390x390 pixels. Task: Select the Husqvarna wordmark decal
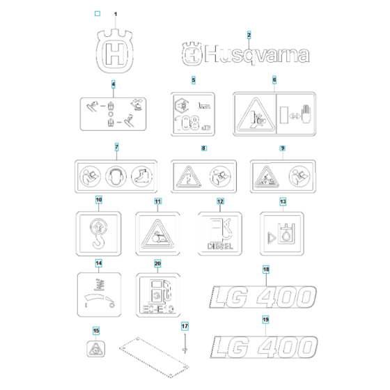245,54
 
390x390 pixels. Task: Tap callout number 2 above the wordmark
249,35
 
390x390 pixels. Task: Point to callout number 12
220,202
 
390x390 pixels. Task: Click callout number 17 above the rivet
185,325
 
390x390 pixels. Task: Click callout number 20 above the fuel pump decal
157,264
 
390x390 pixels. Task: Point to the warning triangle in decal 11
157,233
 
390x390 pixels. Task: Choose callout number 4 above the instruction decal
113,84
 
